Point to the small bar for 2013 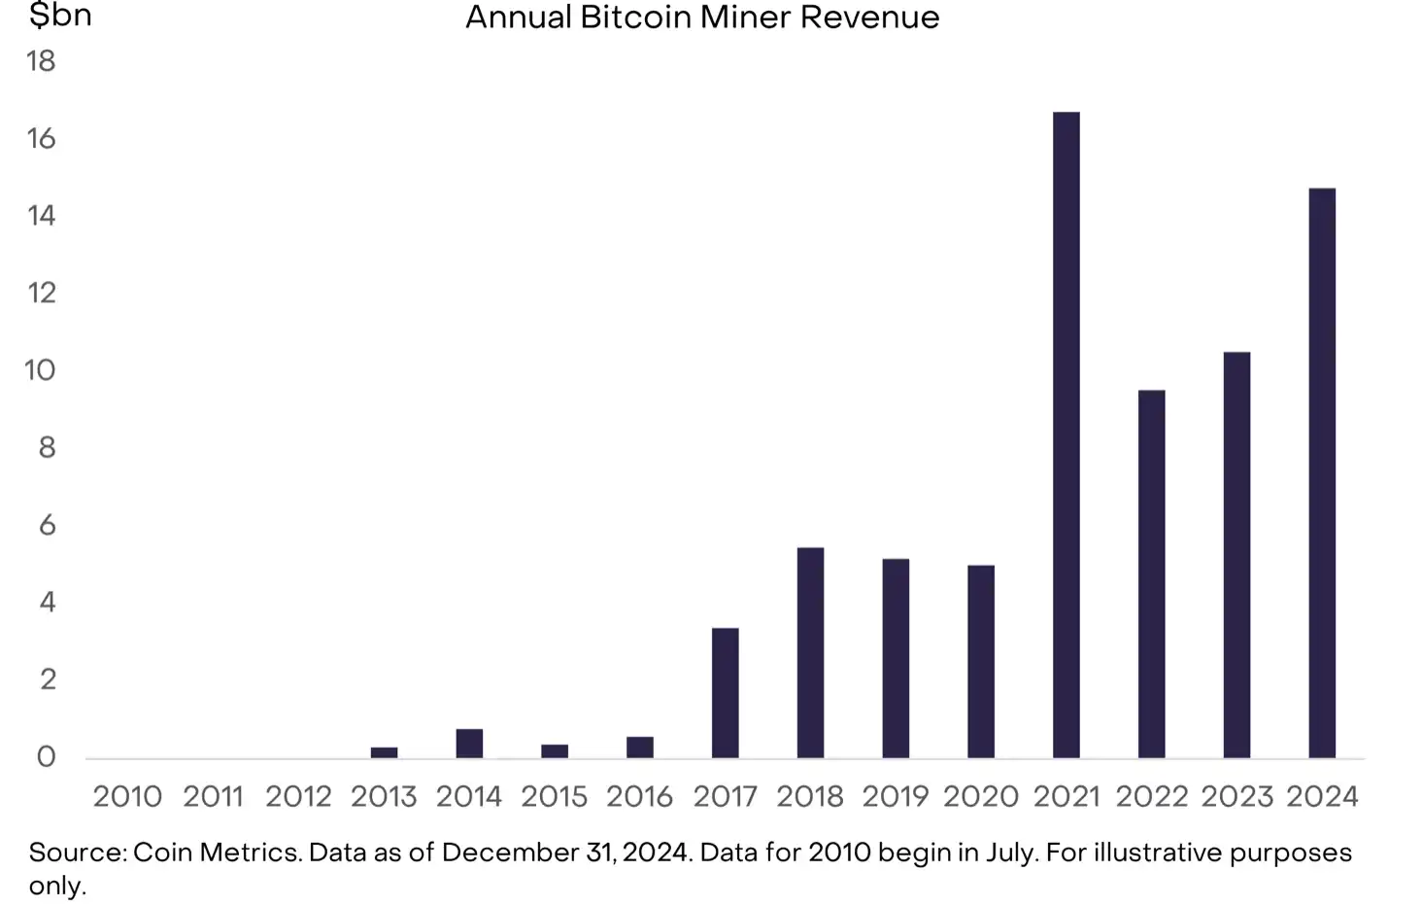384,751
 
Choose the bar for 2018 810,652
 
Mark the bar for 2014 469,743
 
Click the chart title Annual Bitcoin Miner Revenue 702,17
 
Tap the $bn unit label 60,16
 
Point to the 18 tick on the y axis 42,61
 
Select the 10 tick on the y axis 41,370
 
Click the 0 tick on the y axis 46,756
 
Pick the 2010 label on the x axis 127,796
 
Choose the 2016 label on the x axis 639,796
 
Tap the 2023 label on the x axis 1236,796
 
